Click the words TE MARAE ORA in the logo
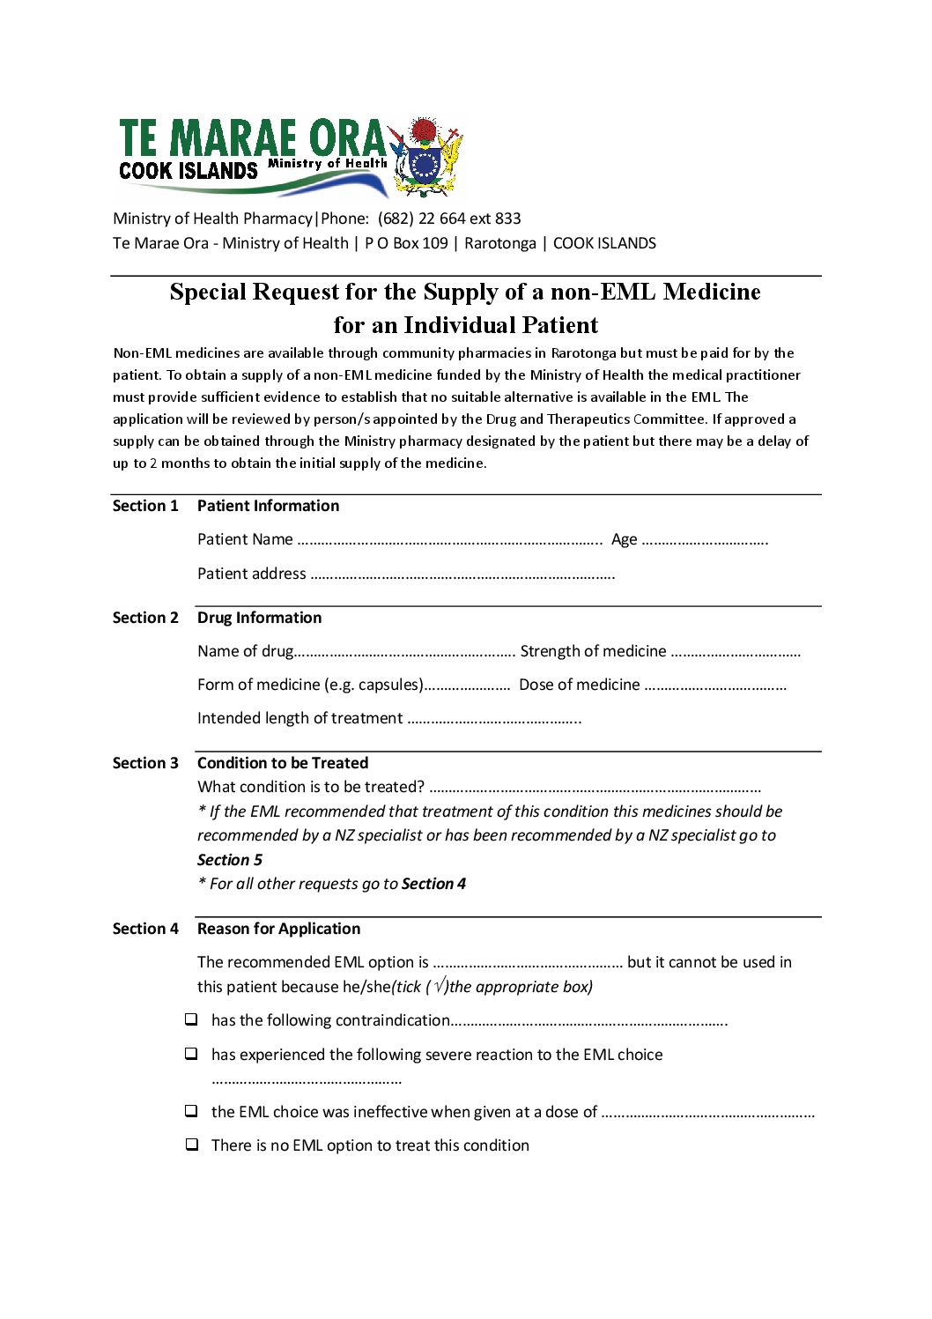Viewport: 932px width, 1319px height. coord(252,139)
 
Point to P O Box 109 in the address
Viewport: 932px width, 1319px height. coord(406,243)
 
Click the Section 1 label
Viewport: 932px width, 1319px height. coord(145,506)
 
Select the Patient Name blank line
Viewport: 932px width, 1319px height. coord(449,540)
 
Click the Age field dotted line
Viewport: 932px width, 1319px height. coord(705,540)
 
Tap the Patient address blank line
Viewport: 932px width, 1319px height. coord(462,574)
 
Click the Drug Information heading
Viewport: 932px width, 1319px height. coord(259,618)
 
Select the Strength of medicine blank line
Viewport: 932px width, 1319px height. coord(736,652)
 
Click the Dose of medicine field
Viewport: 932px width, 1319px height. coord(715,685)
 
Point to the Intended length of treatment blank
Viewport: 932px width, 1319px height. coord(494,719)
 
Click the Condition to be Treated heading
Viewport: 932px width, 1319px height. coord(282,763)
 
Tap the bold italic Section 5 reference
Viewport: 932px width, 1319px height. coord(230,860)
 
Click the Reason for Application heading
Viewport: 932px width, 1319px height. coord(278,929)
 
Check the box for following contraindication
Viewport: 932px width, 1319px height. coord(191,1019)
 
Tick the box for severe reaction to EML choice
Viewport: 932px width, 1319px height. coord(191,1054)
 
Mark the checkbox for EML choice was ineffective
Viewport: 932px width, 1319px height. coord(191,1111)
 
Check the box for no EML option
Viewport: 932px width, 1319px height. coord(191,1145)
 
